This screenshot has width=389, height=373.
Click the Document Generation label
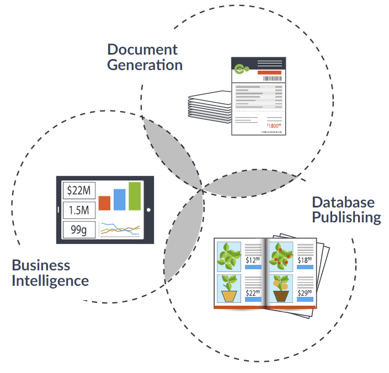(144, 57)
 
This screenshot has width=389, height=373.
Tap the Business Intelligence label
(50, 273)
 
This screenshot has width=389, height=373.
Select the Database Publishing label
(346, 210)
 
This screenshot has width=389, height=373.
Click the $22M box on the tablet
(78, 191)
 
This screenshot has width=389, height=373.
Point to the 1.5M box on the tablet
(78, 210)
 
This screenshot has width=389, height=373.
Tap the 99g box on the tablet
(78, 230)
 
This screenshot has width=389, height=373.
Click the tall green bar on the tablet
(135, 196)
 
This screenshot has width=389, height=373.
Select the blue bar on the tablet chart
(119, 200)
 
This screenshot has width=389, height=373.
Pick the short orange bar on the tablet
(104, 203)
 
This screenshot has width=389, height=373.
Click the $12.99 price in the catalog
(253, 260)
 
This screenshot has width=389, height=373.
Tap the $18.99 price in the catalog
(305, 260)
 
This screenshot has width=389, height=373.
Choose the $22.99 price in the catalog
(253, 293)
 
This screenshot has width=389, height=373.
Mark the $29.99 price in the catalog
(305, 293)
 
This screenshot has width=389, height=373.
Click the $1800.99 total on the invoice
(274, 126)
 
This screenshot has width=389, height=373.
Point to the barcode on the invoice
(271, 79)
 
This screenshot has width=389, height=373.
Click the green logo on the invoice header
(241, 69)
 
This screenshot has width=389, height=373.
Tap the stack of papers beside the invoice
(209, 108)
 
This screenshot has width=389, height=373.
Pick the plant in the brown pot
(281, 289)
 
